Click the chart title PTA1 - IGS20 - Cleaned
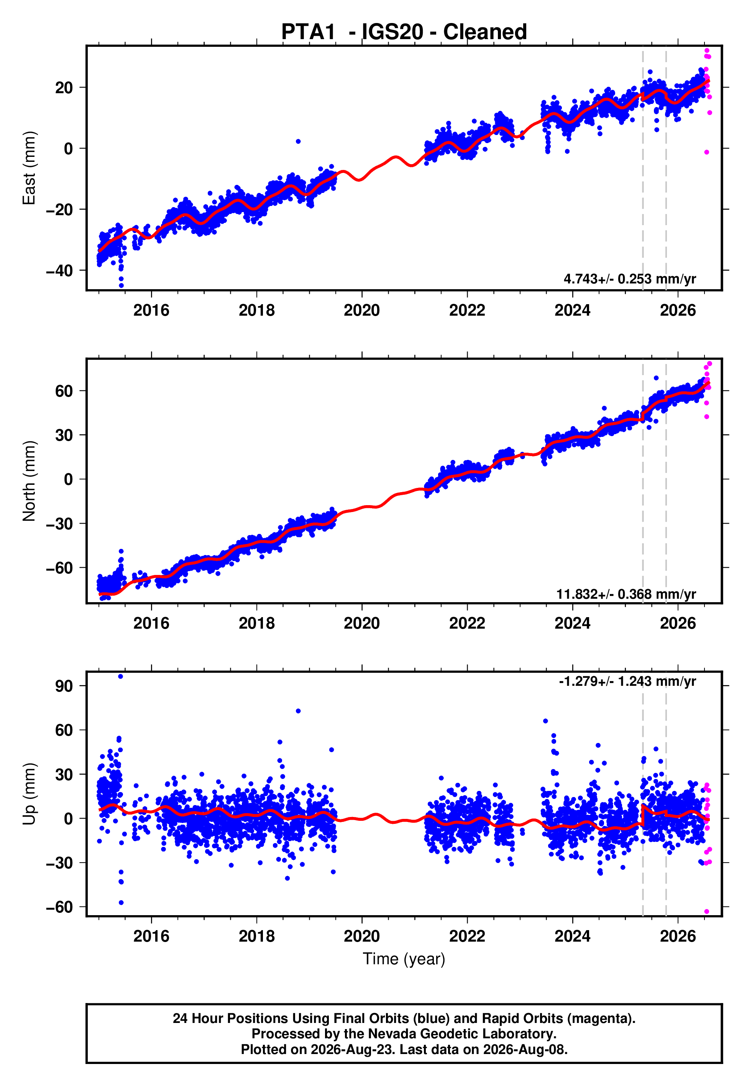pos(404,32)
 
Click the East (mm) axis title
pos(29,168)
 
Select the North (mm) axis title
pos(29,481)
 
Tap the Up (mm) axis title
pos(29,794)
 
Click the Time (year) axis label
pos(404,959)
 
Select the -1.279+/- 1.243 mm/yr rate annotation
pos(627,681)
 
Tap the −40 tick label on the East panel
pos(59,270)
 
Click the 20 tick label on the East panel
pos(64,88)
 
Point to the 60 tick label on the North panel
pos(64,391)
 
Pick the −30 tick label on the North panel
pos(59,524)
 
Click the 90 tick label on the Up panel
pos(64,686)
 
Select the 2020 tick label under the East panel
pos(362,310)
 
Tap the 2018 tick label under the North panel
pos(256,623)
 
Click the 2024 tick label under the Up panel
pos(573,936)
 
